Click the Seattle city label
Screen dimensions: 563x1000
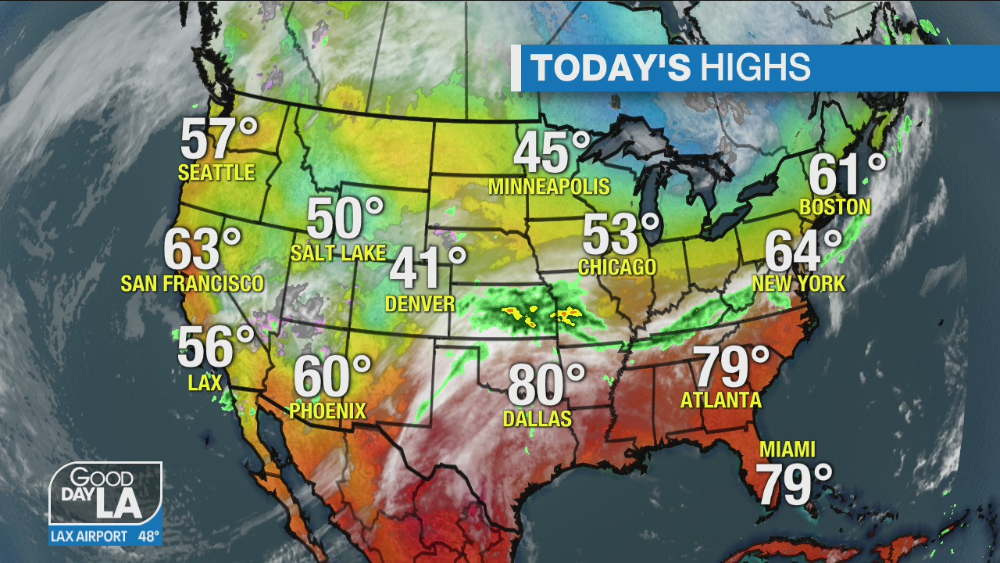pos(216,172)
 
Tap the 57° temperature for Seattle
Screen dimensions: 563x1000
pos(218,138)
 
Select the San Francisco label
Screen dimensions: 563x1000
pos(192,283)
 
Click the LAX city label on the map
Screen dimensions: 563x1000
pos(205,382)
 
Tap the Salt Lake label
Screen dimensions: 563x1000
pos(337,253)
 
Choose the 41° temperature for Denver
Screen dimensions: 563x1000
pos(427,268)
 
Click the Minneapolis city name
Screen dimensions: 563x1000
pos(548,187)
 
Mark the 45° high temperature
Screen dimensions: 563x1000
pos(551,152)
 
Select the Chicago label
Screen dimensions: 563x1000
pos(617,267)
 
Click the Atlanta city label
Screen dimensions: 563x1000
pos(720,400)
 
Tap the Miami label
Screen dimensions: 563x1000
pos(787,450)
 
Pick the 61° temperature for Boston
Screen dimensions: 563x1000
pos(846,174)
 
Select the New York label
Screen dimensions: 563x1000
pos(798,283)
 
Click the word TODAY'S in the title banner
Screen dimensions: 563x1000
pos(611,68)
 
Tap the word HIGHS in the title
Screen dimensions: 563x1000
pos(755,68)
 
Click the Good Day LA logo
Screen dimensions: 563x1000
pos(105,494)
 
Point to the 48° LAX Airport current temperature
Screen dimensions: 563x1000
pos(148,536)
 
